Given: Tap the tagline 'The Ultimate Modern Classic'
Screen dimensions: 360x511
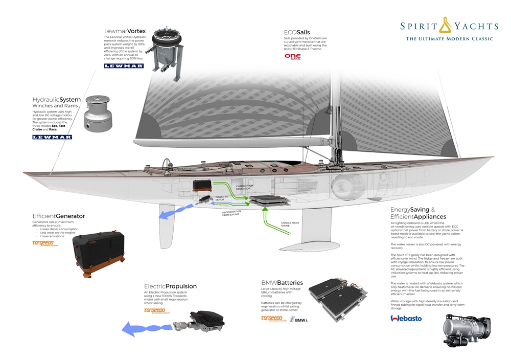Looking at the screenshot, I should [x=449, y=39].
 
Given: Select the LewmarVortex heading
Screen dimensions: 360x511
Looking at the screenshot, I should [x=125, y=31].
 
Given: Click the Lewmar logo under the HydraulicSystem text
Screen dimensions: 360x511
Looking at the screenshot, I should [x=52, y=137].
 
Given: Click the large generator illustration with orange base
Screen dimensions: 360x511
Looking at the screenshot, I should [x=98, y=251].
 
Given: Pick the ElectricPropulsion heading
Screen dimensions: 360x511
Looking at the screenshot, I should [x=170, y=286].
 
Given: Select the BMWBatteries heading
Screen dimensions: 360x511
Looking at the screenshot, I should [x=282, y=282].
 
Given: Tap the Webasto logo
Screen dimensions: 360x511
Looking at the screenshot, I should [x=406, y=319].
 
